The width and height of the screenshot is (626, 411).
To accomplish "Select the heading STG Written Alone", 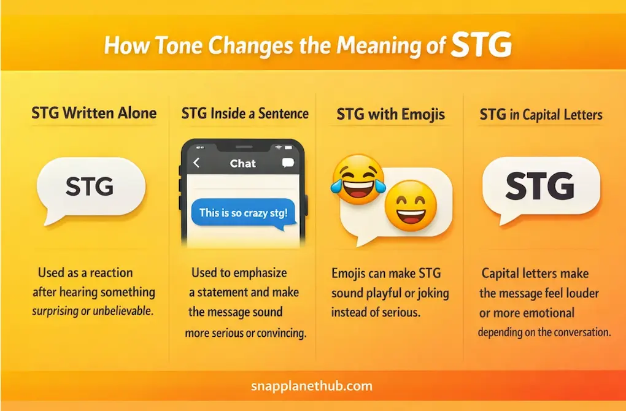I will coord(94,113).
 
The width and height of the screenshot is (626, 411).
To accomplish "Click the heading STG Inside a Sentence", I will coord(245,113).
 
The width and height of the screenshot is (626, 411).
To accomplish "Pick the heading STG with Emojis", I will coord(390,114).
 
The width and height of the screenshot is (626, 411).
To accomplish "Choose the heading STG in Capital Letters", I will coord(541,115).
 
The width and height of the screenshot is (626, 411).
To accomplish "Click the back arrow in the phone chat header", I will coord(196,163).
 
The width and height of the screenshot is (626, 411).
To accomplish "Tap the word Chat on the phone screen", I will coord(242,163).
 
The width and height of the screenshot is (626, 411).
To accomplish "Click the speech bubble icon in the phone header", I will coord(287,163).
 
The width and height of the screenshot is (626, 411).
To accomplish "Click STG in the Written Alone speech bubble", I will coord(89,186).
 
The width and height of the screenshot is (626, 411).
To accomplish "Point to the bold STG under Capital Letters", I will coord(539,185).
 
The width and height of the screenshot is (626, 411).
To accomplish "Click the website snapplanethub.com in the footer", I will coord(312,386).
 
